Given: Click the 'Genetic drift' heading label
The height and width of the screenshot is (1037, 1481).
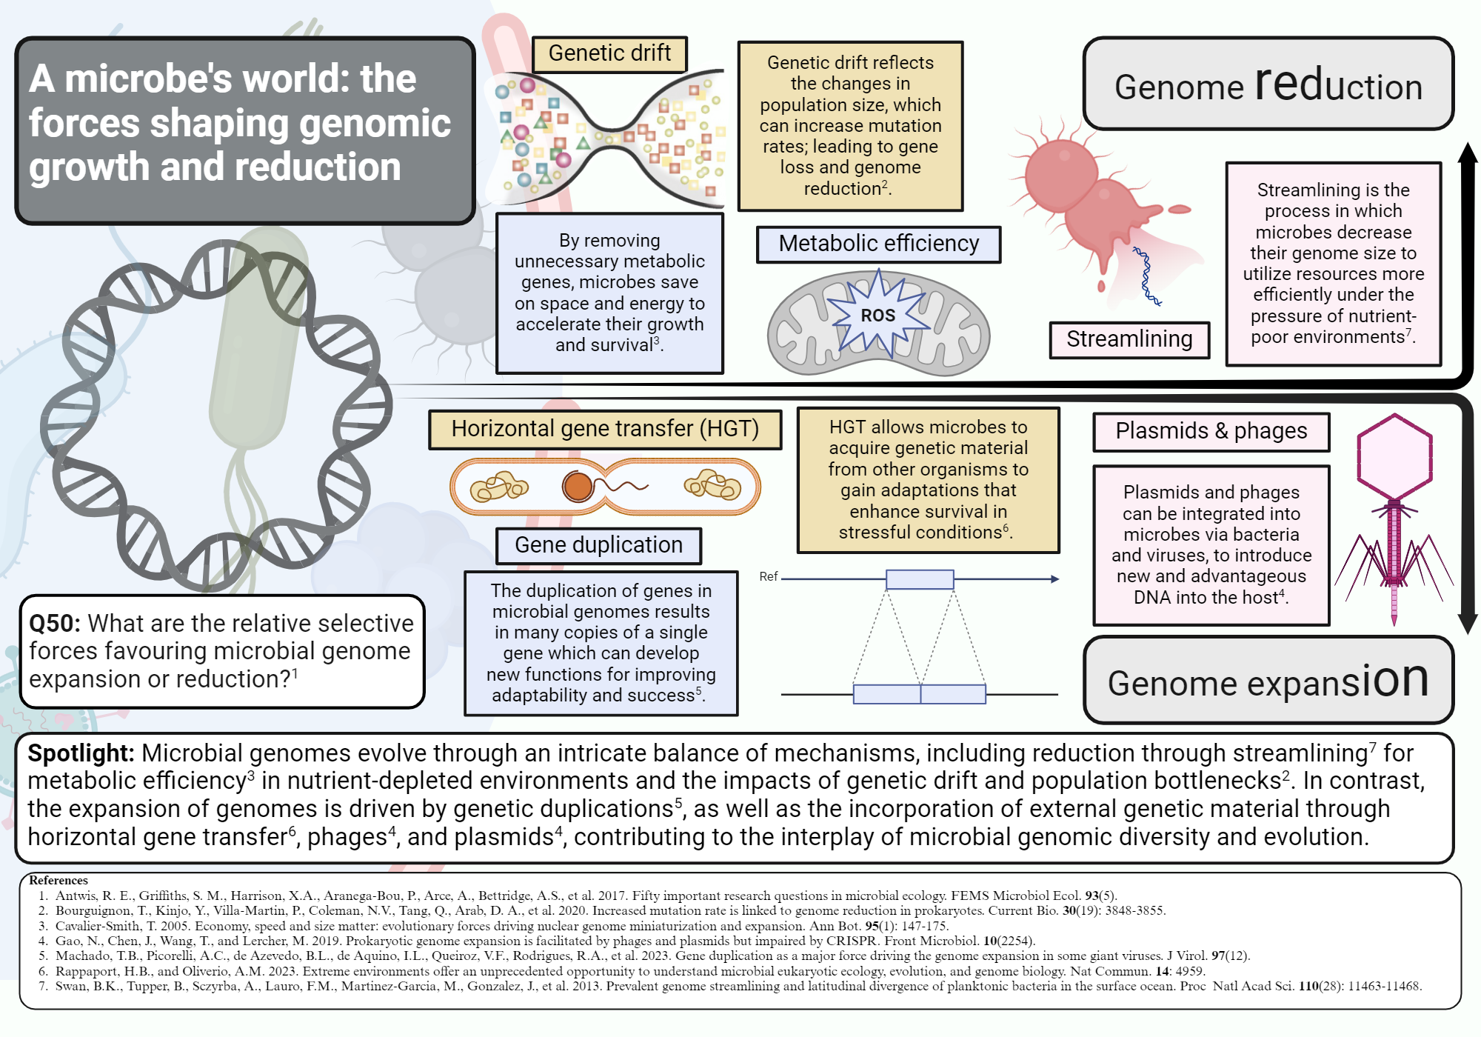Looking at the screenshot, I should coord(609,54).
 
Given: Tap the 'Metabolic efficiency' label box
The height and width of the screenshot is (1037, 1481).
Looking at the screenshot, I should coord(878,244).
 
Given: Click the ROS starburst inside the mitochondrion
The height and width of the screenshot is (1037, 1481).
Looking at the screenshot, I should coord(878,316).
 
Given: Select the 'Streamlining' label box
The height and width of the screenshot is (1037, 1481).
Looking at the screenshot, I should coord(1129,339).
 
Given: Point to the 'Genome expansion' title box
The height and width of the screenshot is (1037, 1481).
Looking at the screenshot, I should coord(1268,680).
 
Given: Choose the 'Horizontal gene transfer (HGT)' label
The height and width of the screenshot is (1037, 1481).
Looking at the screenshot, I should coord(604,429).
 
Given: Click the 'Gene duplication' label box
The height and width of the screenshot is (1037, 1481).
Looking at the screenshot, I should coord(598,545).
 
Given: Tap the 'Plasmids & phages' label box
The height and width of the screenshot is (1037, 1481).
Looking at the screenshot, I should coord(1211,431).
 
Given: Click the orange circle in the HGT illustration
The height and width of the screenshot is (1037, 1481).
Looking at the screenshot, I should coord(578,487).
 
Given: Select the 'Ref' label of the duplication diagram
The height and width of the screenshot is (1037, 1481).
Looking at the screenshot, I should coord(768,576).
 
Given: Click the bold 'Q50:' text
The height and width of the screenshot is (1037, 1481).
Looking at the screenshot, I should coord(54,624).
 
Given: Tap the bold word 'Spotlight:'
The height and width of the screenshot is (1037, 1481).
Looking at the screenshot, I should coord(81,753).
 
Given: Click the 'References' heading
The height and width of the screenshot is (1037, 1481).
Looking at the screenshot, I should coord(58,880).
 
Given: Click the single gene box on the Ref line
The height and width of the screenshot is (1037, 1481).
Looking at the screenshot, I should coord(920,579).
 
